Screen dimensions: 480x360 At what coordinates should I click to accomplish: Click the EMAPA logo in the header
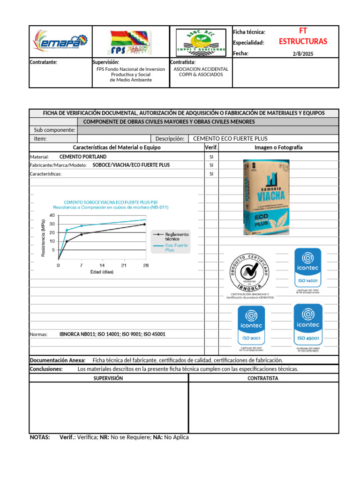pyautogui.click(x=60, y=42)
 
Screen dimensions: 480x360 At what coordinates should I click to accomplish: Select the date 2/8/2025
pyautogui.click(x=303, y=54)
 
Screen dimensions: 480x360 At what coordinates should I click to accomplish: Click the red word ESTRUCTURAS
pyautogui.click(x=303, y=42)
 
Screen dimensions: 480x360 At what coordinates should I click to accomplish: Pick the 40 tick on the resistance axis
pyautogui.click(x=52, y=216)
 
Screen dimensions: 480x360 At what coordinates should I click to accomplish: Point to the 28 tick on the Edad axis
pyautogui.click(x=145, y=265)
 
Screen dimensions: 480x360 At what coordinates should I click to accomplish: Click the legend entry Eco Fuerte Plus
pyautogui.click(x=176, y=247)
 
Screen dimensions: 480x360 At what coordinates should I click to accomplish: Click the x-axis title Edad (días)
pyautogui.click(x=102, y=272)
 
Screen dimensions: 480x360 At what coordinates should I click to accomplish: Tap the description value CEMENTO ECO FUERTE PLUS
pyautogui.click(x=230, y=139)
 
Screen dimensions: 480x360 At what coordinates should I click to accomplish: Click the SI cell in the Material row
pyautogui.click(x=211, y=157)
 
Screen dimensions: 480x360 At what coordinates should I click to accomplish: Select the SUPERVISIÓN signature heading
pyautogui.click(x=108, y=378)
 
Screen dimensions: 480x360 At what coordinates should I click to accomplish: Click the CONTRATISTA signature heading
pyautogui.click(x=263, y=378)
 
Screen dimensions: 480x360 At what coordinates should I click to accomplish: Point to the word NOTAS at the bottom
pyautogui.click(x=40, y=437)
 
